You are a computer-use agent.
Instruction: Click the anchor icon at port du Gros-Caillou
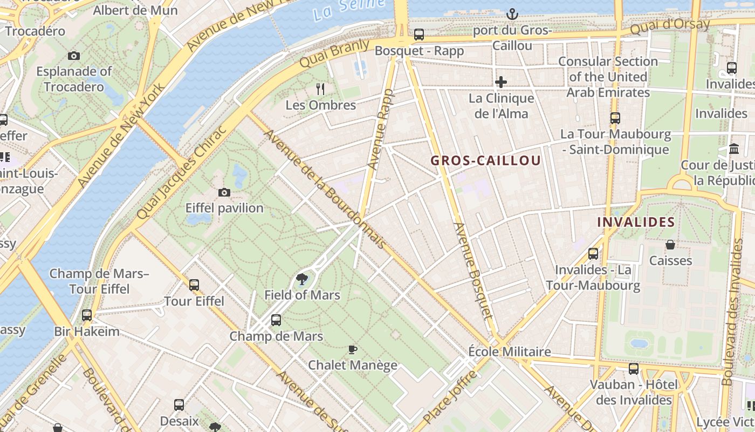(512, 14)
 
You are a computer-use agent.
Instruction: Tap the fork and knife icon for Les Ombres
(321, 89)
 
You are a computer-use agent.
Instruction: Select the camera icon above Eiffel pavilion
(224, 192)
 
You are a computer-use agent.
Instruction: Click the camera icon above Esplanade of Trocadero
(74, 56)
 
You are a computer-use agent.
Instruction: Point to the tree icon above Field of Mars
(302, 279)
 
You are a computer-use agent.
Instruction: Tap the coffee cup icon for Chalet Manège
(353, 349)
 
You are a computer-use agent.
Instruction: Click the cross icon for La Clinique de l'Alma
(501, 82)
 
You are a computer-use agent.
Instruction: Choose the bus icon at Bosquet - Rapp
(419, 35)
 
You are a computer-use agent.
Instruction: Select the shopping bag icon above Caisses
(670, 245)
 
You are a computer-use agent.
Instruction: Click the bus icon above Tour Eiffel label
(194, 285)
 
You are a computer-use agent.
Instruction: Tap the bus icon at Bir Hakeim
(87, 315)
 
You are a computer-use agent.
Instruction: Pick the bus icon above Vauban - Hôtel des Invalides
(634, 369)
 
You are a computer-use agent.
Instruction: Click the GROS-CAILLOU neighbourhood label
(485, 160)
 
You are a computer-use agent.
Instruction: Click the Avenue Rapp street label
(381, 130)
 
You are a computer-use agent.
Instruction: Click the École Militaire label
(510, 352)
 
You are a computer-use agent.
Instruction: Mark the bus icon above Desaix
(179, 404)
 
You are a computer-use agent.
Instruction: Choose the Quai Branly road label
(334, 53)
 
